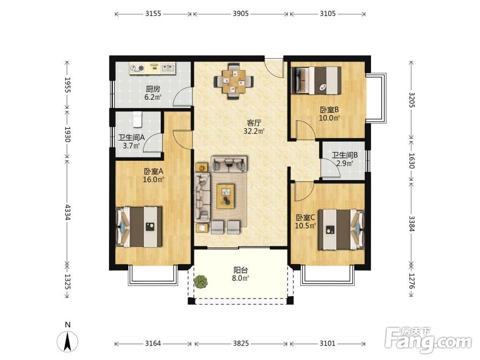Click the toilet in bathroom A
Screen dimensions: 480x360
[x=138, y=120]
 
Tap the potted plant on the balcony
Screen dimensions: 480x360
[x=201, y=281]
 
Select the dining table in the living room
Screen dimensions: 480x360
[x=234, y=81]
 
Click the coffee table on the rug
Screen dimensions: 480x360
[x=226, y=196]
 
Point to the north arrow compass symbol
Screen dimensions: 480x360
[x=67, y=340]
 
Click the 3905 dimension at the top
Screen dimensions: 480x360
[x=241, y=13]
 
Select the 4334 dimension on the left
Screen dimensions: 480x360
[x=68, y=212]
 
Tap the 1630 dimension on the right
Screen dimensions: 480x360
[x=411, y=161]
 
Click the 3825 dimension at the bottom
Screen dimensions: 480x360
[x=241, y=343]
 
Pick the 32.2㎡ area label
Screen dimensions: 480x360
[x=254, y=132]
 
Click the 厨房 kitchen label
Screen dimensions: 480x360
[x=153, y=89]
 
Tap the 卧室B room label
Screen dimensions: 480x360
[x=329, y=109]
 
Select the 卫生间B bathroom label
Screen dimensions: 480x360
[x=345, y=155]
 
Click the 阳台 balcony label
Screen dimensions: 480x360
[x=240, y=270]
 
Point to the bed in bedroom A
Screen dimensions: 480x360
[x=139, y=227]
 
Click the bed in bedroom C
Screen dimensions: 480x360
[x=341, y=229]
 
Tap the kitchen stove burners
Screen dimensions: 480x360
[x=137, y=68]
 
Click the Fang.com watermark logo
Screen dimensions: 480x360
[x=429, y=340]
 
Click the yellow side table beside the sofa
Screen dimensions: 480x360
[x=202, y=168]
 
